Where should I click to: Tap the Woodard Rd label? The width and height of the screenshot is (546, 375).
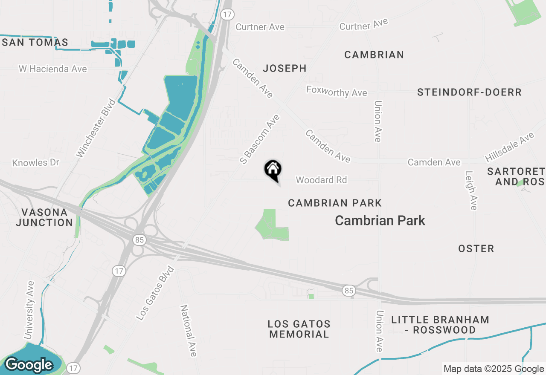pos(321,180)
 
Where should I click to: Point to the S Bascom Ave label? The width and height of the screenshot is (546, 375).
pos(259,139)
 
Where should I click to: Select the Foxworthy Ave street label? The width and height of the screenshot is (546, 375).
pos(337,91)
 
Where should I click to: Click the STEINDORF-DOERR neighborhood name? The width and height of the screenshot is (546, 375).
pos(469,92)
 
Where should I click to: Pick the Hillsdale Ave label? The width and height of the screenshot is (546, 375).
pos(510,147)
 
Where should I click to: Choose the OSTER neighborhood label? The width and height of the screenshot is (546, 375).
pos(476,248)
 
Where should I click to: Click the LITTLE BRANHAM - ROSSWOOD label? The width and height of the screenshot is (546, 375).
pos(434,325)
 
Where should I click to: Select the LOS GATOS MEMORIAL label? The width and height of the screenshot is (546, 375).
pos(299,329)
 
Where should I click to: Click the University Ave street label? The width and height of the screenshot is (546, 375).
pos(29,310)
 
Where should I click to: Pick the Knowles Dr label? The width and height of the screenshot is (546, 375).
pos(36,163)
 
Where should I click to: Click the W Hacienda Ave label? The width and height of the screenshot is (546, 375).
pos(53,69)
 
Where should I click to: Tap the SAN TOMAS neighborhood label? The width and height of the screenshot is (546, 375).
pos(35,43)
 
